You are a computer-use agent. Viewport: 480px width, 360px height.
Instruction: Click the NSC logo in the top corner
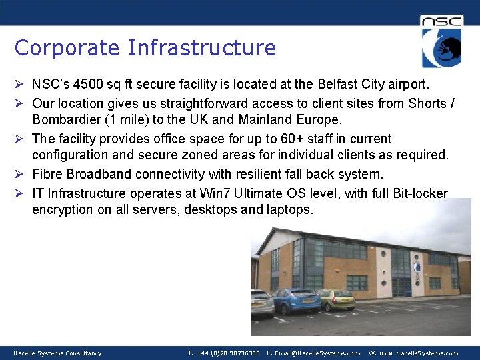pyautogui.click(x=441, y=41)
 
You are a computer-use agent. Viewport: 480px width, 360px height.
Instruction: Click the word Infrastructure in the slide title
pyautogui.click(x=202, y=48)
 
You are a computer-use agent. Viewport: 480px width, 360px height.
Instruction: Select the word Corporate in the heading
pyautogui.click(x=67, y=48)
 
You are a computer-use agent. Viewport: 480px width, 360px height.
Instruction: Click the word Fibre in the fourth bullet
pyautogui.click(x=47, y=174)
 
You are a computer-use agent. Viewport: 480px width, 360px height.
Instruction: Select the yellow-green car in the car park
pyautogui.click(x=337, y=299)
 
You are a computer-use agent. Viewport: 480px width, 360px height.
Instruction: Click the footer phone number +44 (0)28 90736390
pyautogui.click(x=223, y=353)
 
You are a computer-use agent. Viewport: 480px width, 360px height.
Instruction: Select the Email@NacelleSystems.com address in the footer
pyautogui.click(x=313, y=353)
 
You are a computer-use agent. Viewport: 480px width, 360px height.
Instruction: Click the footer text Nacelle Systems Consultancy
pyautogui.click(x=57, y=353)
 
